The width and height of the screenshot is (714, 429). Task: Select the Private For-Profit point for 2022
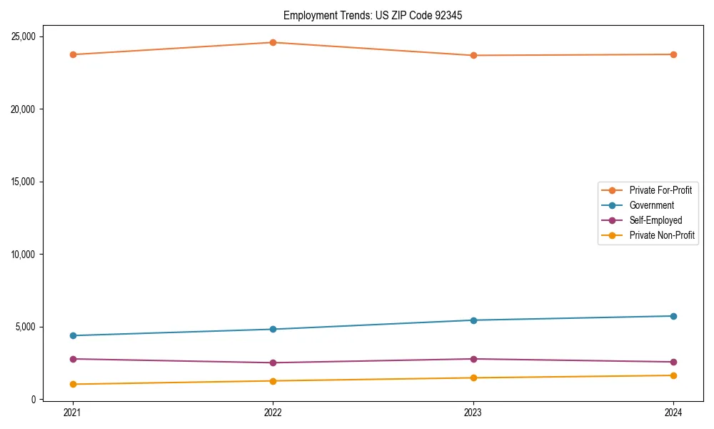pos(273,42)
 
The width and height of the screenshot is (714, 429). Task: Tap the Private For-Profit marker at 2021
pos(73,54)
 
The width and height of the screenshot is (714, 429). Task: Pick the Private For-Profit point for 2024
pos(673,54)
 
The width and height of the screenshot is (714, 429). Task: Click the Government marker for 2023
pos(473,320)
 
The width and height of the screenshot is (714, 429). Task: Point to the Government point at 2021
pos(73,335)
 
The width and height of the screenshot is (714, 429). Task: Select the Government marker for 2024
pos(673,316)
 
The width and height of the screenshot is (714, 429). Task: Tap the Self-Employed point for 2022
pos(273,363)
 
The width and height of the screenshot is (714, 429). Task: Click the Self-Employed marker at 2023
pos(473,359)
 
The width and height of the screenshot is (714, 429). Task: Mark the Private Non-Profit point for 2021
pos(73,384)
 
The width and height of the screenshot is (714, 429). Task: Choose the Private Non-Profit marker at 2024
pos(673,375)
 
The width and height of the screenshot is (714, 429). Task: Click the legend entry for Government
pos(651,205)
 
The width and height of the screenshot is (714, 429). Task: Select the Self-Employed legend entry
pos(655,220)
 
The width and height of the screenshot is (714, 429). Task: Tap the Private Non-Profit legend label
pos(662,235)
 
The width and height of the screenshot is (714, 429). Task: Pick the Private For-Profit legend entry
pos(660,190)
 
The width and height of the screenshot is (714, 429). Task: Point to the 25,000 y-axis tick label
pos(26,36)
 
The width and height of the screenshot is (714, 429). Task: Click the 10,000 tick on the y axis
pos(26,255)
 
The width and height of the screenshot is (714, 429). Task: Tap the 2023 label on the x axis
pos(473,413)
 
